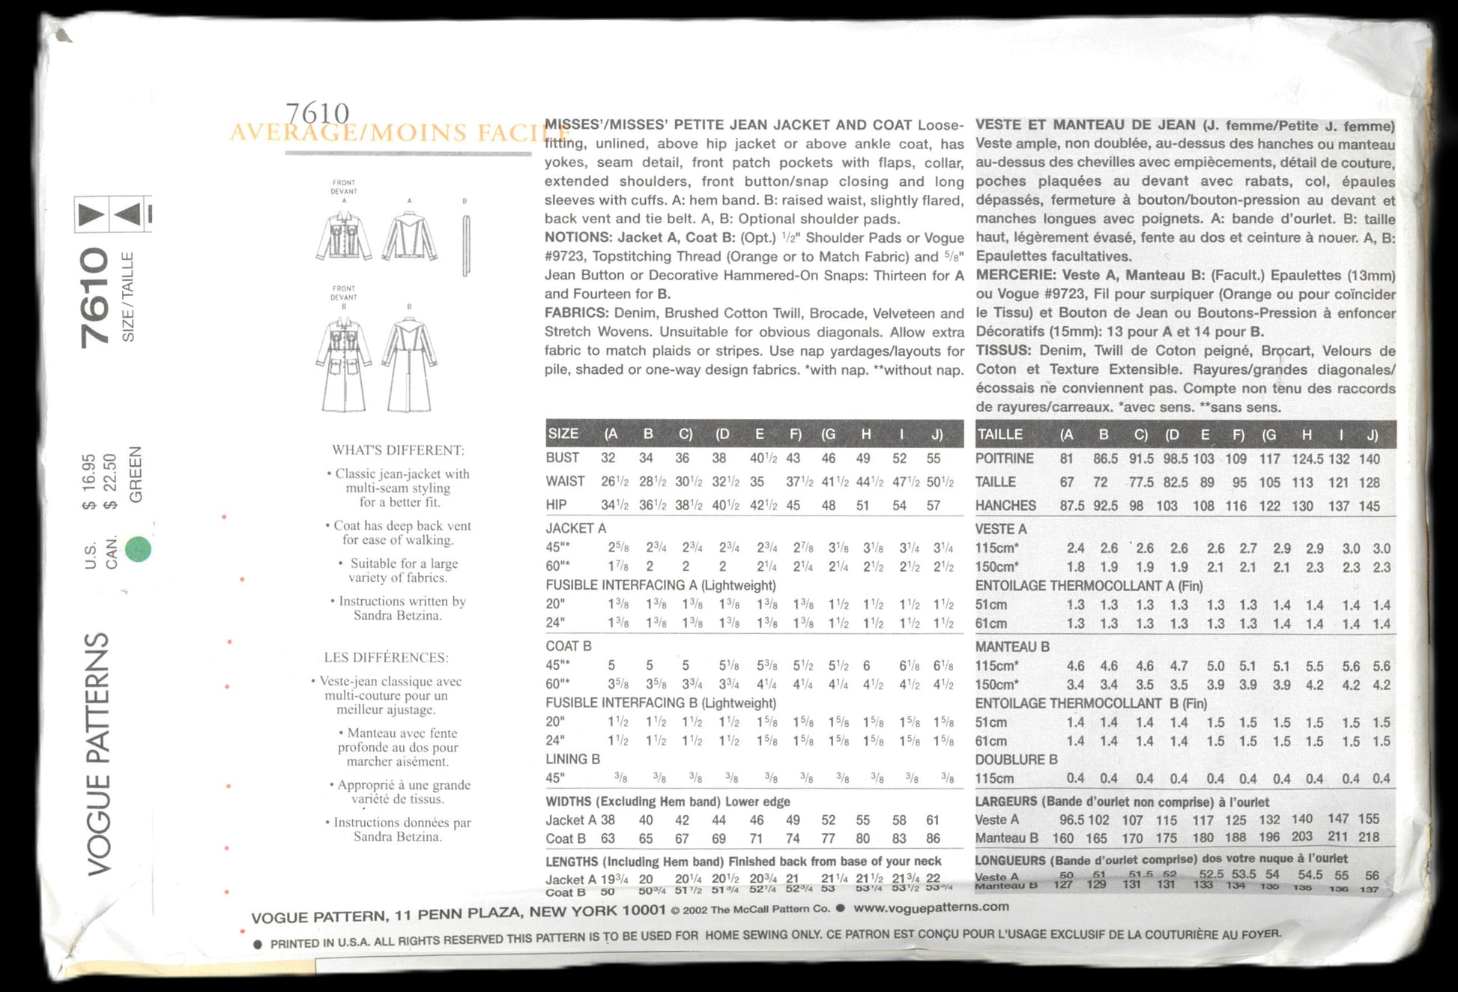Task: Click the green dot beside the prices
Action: pos(138,549)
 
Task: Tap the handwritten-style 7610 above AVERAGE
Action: pos(318,113)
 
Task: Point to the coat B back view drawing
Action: pos(409,364)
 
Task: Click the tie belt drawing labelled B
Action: pos(466,245)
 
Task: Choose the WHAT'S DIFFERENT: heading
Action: pos(398,450)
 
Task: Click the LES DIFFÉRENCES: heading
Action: pos(386,658)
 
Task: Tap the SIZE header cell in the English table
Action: pos(563,434)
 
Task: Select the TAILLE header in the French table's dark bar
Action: pos(999,435)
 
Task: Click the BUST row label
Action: pos(562,458)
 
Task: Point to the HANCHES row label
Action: pos(1005,506)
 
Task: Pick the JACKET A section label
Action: pos(575,528)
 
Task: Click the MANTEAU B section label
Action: pos(1012,647)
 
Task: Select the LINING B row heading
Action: pos(572,759)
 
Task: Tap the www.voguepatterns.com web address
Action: pos(931,907)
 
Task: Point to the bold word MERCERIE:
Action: pos(1015,275)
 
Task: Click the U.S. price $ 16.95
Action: pos(89,482)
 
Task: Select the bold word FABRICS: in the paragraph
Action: pos(575,313)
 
